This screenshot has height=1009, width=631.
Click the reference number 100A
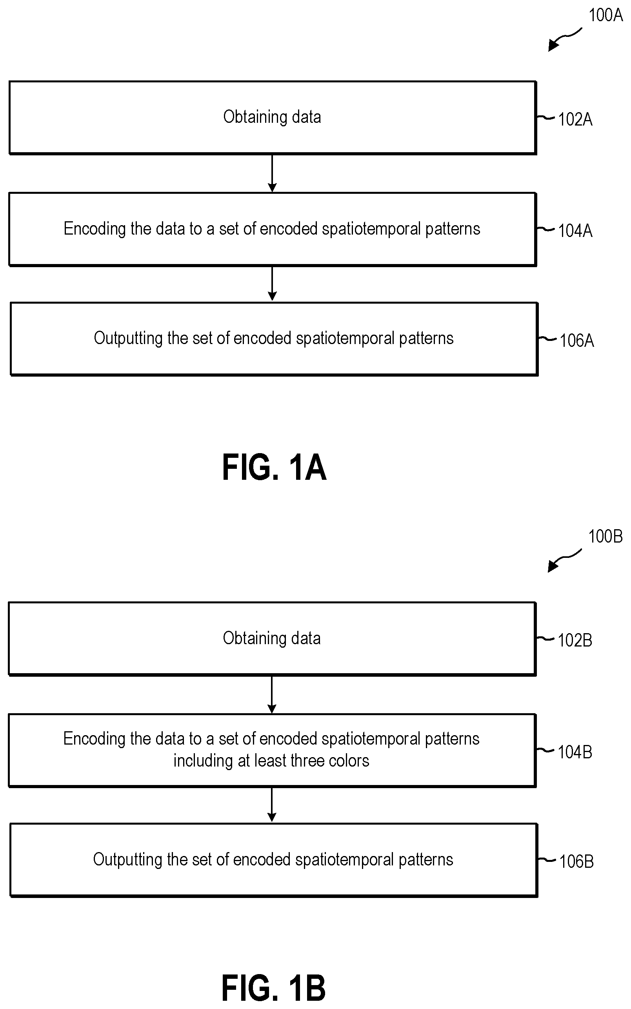pos(605,15)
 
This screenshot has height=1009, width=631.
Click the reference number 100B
pos(605,536)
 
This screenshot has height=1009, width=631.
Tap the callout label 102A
pos(575,119)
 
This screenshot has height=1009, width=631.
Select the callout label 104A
pos(575,230)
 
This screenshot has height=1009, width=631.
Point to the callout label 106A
pos(577,341)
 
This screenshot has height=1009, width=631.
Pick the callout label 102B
pos(575,640)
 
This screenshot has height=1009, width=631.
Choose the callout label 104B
pos(575,752)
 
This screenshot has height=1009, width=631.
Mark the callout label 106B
pos(576,861)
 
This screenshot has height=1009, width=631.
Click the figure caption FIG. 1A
pos(274,468)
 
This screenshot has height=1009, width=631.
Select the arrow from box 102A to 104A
pos(272,174)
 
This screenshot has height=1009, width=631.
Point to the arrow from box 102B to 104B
pos(272,695)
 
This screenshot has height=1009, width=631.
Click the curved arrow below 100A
pos(564,39)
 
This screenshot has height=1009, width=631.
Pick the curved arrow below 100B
pos(564,560)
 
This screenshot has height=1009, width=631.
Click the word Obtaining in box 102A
pos(255,117)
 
